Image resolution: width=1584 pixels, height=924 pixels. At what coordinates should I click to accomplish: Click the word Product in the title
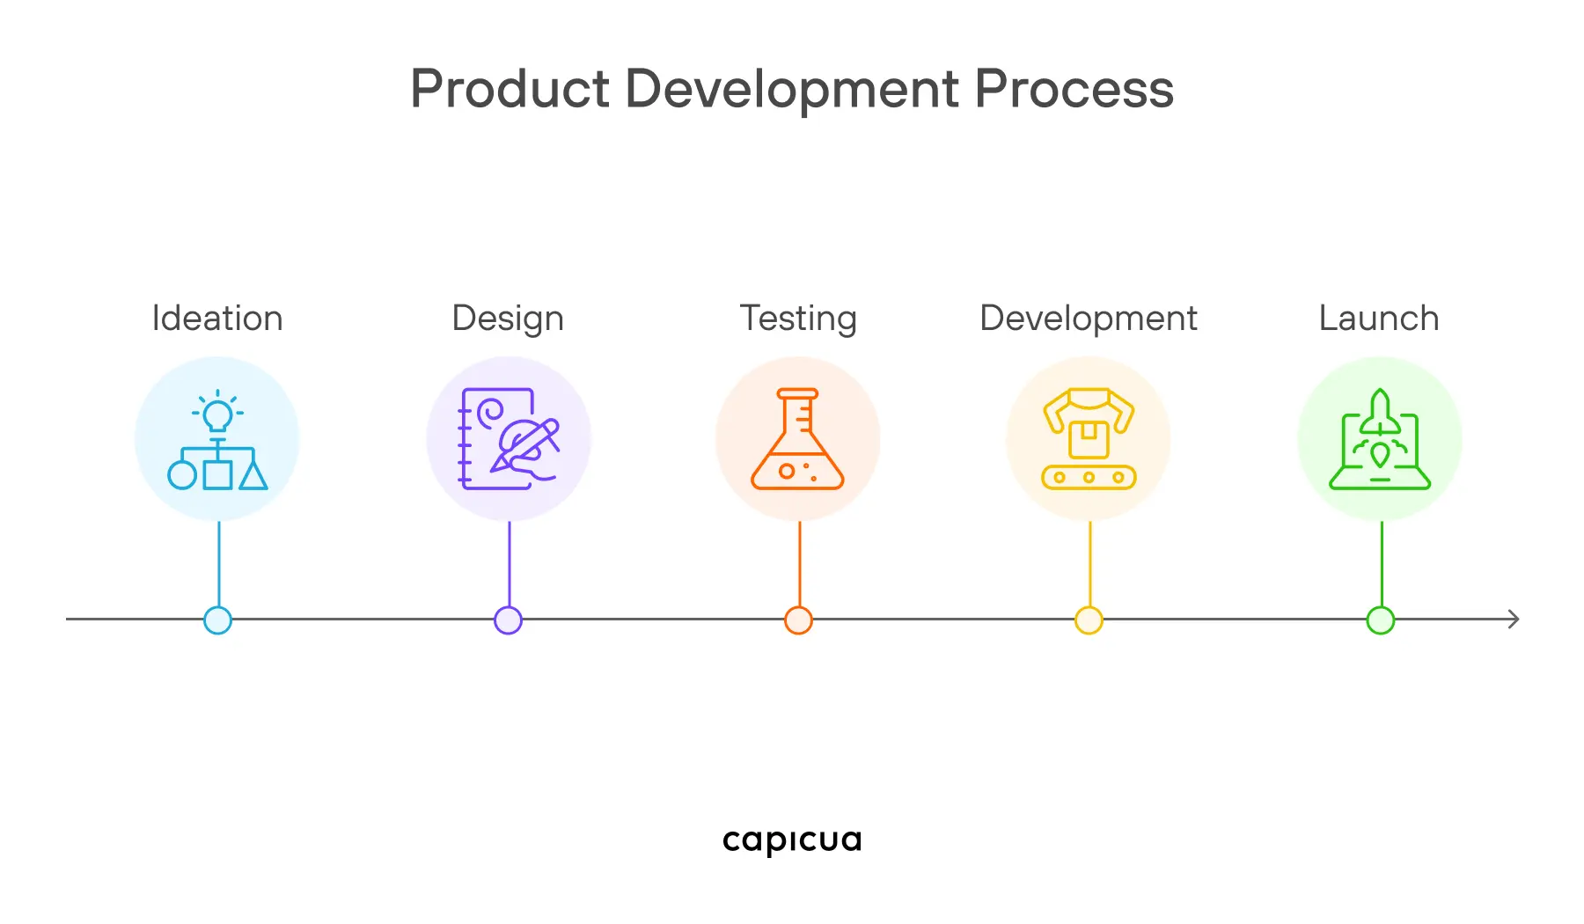(x=510, y=89)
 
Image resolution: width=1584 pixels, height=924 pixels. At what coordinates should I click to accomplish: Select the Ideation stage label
(x=217, y=319)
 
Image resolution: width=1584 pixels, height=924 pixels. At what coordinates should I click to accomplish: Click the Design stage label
(x=508, y=319)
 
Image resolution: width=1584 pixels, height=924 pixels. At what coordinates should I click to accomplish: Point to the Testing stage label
(x=798, y=319)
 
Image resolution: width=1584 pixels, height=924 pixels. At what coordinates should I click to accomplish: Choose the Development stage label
(x=1089, y=319)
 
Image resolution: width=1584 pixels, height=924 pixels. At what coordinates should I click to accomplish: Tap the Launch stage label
(x=1379, y=319)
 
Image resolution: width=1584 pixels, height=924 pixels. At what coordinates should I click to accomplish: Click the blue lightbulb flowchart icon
(x=217, y=439)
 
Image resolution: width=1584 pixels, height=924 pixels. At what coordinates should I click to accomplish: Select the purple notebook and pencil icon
(x=509, y=439)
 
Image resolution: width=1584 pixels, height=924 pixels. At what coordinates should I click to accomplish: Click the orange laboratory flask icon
(x=798, y=439)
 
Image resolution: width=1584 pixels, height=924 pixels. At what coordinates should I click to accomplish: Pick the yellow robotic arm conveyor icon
(x=1089, y=439)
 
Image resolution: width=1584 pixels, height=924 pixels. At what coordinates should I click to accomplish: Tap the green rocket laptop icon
(x=1380, y=439)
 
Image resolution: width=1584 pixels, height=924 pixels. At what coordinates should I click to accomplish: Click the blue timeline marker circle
(x=217, y=620)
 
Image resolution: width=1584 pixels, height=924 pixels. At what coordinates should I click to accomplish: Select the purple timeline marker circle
(x=508, y=620)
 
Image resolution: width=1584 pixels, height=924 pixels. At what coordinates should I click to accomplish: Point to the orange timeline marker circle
(x=798, y=620)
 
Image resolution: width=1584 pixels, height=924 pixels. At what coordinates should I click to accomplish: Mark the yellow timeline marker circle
(x=1089, y=620)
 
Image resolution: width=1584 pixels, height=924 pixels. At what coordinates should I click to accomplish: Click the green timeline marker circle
(x=1380, y=620)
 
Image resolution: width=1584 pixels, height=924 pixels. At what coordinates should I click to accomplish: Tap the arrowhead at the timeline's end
(x=1514, y=620)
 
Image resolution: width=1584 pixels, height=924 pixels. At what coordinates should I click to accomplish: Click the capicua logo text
(x=792, y=840)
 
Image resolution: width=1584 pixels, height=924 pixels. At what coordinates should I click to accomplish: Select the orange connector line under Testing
(x=799, y=563)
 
